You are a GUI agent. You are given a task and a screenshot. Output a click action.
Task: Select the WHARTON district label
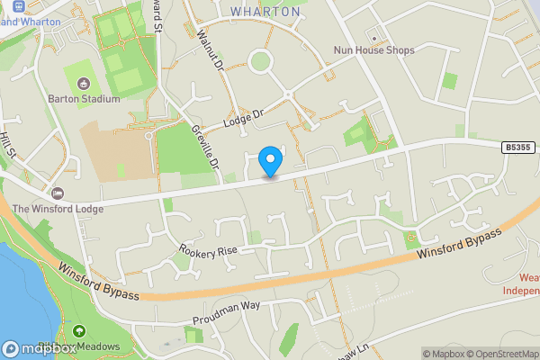click(x=265, y=12)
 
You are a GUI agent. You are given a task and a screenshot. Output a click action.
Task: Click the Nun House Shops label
click(x=373, y=50)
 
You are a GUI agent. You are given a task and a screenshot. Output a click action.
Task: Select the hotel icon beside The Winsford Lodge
click(x=58, y=193)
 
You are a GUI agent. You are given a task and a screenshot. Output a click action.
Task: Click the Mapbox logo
click(x=39, y=348)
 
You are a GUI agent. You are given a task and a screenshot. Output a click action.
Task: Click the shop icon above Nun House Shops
click(x=373, y=37)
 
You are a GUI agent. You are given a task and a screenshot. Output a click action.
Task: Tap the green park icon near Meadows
click(x=78, y=332)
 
